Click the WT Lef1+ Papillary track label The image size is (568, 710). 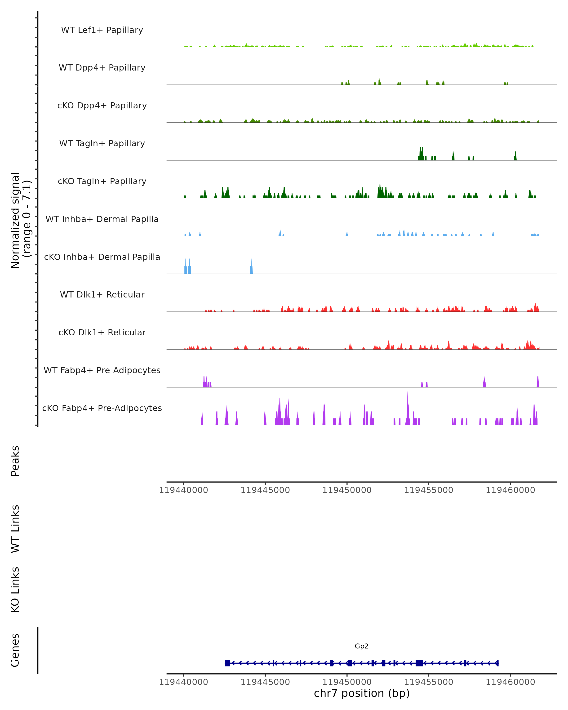click(x=102, y=30)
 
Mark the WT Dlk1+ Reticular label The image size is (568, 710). click(x=102, y=294)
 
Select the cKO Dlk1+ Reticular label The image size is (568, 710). click(x=102, y=332)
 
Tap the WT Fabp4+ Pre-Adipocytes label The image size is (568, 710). click(x=102, y=370)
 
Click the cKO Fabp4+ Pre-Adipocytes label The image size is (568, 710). click(x=102, y=408)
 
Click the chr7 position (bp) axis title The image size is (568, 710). click(x=362, y=693)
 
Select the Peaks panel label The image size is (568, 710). click(x=15, y=461)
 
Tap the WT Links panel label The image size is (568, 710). click(x=15, y=528)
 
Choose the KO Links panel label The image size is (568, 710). click(x=15, y=590)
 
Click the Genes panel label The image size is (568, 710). click(x=15, y=650)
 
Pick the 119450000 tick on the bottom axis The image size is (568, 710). click(x=347, y=682)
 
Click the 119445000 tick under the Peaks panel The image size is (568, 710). click(x=265, y=490)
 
